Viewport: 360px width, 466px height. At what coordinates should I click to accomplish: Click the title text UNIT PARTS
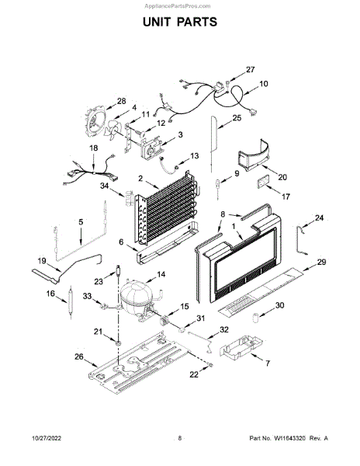[180, 22]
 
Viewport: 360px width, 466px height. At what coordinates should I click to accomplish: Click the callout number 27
[250, 70]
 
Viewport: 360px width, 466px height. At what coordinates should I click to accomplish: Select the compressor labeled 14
[137, 301]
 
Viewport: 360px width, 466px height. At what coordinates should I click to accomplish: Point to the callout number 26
[79, 356]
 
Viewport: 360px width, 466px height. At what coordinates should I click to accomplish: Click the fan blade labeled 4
[113, 130]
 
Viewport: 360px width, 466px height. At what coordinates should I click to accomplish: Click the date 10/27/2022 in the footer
[47, 438]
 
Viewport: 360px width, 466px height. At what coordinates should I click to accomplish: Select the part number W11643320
[289, 438]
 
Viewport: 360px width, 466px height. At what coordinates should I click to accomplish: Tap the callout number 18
[93, 148]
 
